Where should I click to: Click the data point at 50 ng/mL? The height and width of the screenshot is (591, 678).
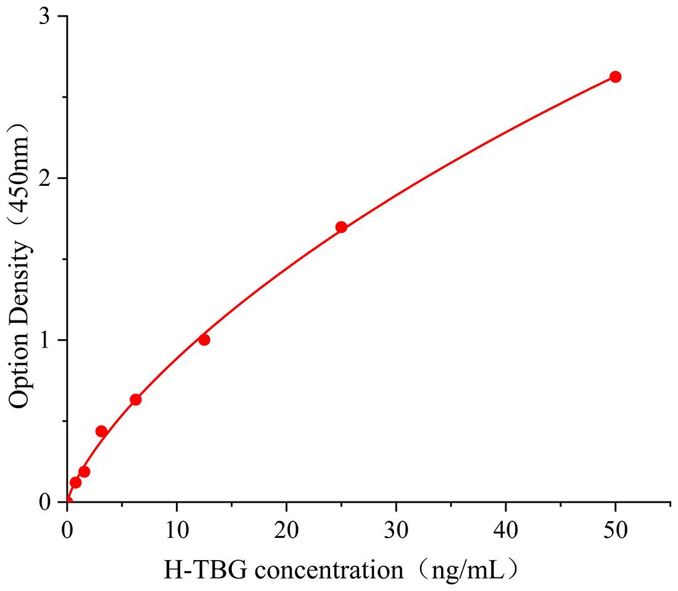(615, 77)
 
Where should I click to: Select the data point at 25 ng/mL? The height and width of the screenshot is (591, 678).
(341, 227)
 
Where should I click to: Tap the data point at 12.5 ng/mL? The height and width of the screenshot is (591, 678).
(204, 340)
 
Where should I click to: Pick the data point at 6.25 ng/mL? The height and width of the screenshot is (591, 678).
(136, 400)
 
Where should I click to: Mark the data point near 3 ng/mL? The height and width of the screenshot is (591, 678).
(101, 431)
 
